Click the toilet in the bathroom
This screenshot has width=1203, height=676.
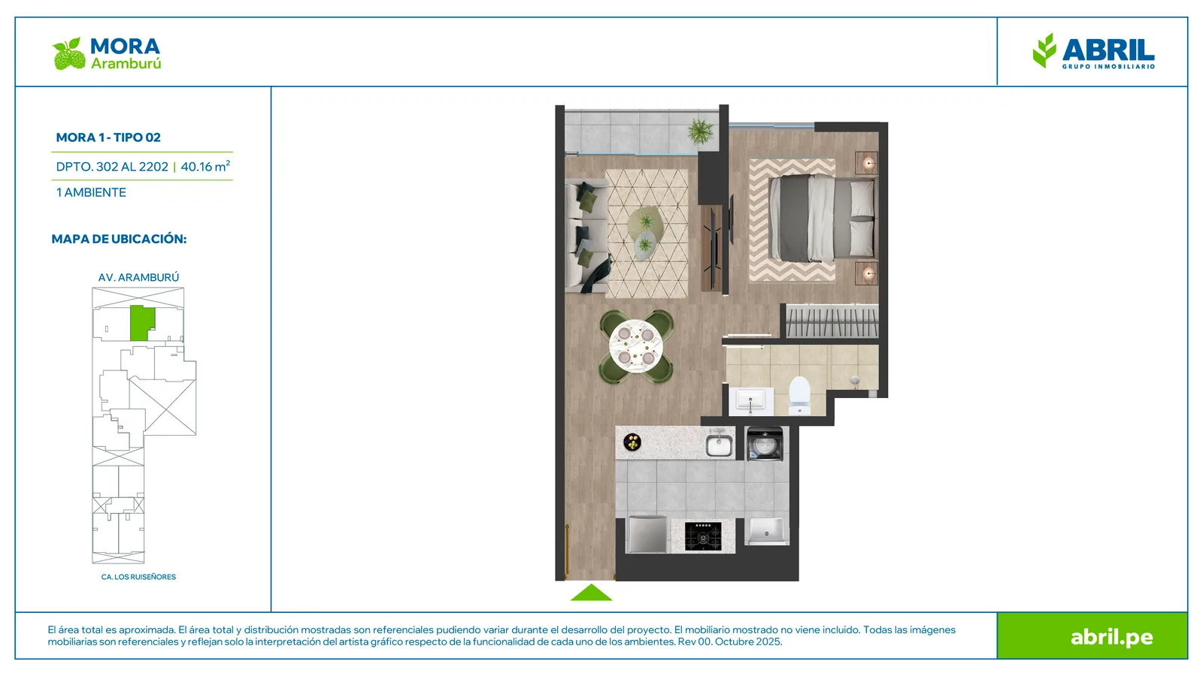point(800,395)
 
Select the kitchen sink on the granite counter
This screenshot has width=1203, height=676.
point(719,445)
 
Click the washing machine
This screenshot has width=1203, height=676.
point(765,444)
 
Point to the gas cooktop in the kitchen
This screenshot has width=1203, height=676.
point(703,536)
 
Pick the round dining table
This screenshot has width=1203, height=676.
point(636,346)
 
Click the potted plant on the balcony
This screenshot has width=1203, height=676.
point(701,131)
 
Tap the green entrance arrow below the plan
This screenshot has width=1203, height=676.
point(591,593)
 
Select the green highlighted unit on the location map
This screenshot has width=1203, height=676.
point(142,323)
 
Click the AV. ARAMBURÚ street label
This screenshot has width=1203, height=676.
point(138,277)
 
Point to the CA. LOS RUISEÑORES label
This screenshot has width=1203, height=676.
point(138,577)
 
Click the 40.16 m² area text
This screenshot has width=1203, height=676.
point(205,166)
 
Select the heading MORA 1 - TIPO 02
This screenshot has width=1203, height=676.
point(108,137)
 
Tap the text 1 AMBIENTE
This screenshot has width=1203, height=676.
point(91,192)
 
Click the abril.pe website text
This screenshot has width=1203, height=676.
point(1112,637)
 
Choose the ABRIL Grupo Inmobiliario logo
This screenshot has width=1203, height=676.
point(1093,51)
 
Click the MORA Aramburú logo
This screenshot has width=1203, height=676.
point(107,53)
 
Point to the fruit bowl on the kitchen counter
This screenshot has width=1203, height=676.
point(632,442)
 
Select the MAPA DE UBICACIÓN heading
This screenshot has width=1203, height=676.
point(120,240)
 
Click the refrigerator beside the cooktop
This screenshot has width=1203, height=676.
point(647,534)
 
